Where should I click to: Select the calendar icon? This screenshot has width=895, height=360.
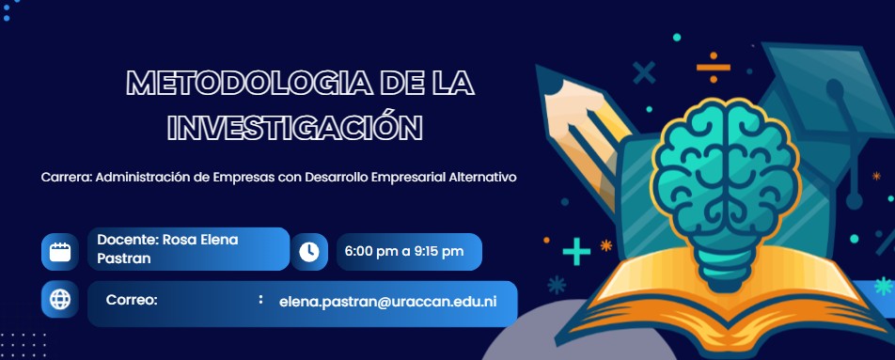click(60, 252)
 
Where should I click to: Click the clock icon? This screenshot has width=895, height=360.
click(309, 252)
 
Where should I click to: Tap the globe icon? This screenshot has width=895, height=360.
click(60, 300)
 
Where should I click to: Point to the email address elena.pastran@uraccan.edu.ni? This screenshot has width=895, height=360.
click(387, 303)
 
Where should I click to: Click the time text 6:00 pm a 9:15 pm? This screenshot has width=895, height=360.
click(404, 252)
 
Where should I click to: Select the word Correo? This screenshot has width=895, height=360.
click(132, 300)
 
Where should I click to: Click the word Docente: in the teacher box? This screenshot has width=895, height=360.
click(127, 239)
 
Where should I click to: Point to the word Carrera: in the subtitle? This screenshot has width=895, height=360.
click(66, 177)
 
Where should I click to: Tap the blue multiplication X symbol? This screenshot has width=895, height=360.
click(645, 72)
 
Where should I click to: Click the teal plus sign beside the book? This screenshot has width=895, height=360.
click(576, 252)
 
